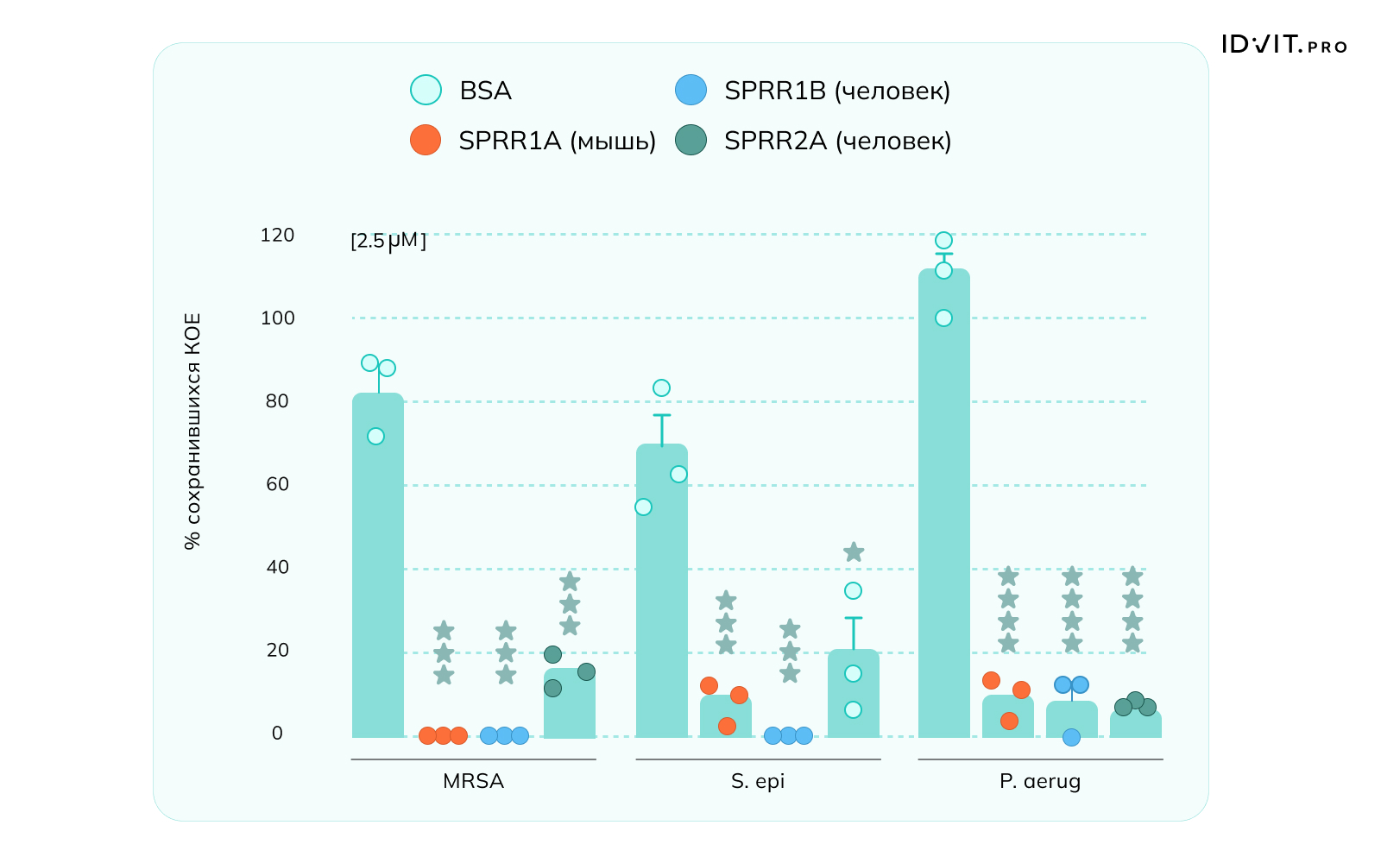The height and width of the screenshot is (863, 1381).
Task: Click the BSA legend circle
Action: [x=426, y=90]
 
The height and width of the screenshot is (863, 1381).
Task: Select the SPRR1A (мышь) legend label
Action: [x=557, y=141]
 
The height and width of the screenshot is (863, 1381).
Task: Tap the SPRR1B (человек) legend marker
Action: [x=690, y=90]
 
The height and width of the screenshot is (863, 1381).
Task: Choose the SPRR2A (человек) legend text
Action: [x=837, y=141]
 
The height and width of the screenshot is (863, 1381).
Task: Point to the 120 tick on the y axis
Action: [x=277, y=235]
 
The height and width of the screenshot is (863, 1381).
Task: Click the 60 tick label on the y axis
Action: [x=277, y=484]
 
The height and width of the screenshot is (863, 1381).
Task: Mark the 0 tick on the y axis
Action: [x=277, y=734]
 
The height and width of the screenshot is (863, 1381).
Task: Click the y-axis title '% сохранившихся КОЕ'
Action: [x=192, y=431]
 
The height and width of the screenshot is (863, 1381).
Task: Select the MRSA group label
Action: [x=473, y=782]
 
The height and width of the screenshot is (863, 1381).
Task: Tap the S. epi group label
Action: [x=758, y=782]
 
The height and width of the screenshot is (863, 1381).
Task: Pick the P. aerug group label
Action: [x=1040, y=782]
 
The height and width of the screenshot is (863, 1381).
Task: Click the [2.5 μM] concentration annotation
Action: [x=388, y=241]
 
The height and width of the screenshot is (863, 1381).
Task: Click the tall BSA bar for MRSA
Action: [x=378, y=570]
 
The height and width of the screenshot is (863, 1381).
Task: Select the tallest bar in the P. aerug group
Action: [x=944, y=509]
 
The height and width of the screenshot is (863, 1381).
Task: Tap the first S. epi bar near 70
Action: [x=662, y=595]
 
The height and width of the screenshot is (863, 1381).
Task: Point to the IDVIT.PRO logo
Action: [x=1283, y=45]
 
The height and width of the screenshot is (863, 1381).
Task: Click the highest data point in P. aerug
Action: [x=943, y=240]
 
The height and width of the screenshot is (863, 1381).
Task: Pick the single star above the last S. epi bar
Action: [x=854, y=552]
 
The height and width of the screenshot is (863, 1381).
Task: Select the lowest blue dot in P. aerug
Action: [x=1071, y=737]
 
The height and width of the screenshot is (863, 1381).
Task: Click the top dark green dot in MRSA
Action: [x=552, y=654]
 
